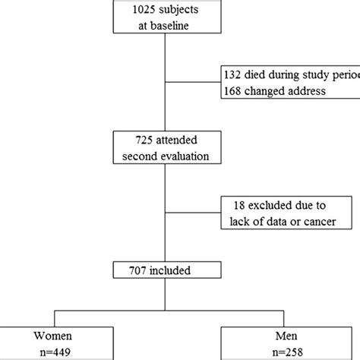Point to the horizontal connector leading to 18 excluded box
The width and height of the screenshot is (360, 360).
193,211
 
